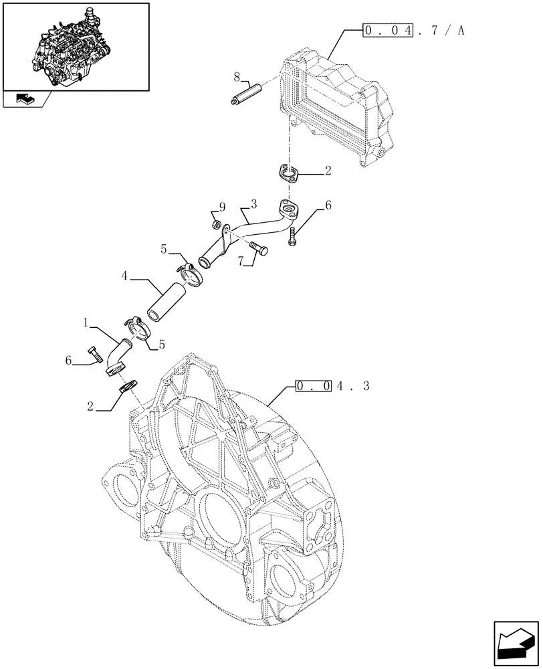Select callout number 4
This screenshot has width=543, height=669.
[125, 275]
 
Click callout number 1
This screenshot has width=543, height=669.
[86, 322]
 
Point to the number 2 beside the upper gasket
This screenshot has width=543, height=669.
[328, 171]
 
